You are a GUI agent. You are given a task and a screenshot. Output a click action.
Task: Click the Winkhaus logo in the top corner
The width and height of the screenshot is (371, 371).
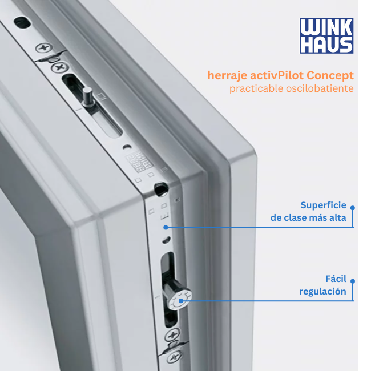[326, 36]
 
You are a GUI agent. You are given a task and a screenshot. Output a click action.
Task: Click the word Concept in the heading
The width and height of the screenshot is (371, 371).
[330, 75]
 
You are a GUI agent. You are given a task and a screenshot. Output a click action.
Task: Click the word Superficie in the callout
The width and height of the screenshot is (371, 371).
[323, 205]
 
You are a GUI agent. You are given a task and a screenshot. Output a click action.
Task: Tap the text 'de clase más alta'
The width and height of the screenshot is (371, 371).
[308, 218]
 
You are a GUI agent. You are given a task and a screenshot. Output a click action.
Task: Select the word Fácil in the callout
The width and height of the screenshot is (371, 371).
[336, 279]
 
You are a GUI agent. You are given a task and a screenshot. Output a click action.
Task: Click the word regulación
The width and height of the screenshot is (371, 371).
[322, 292]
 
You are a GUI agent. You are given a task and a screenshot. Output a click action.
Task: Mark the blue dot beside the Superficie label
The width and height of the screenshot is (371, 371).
[353, 208]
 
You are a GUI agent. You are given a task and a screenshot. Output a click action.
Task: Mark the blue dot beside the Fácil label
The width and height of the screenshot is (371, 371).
[353, 281]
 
